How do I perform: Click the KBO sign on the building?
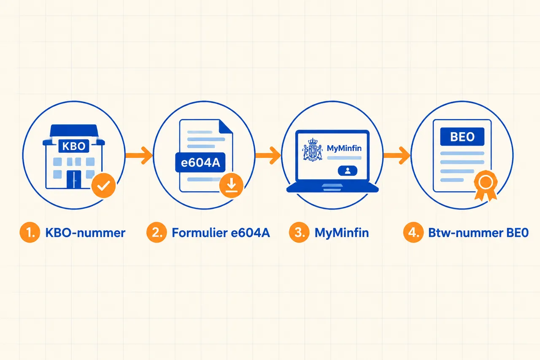tap(74, 146)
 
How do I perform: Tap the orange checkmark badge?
tap(104, 185)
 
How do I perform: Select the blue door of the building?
tap(74, 179)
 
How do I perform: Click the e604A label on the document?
tap(200, 162)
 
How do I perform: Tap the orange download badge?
tap(232, 185)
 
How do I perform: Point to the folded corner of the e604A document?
tap(226, 127)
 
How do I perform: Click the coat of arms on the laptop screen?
tap(313, 149)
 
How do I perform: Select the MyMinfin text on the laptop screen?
tap(344, 148)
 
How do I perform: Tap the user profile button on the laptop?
tap(348, 171)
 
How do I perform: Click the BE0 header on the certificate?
tap(462, 137)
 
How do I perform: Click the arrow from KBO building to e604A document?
tap(139, 155)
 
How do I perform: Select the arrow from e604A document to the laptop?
tap(268, 155)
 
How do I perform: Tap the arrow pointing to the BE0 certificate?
tap(397, 155)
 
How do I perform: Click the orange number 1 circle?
tap(30, 232)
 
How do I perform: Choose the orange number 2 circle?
tap(157, 232)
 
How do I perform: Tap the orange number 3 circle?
tap(299, 232)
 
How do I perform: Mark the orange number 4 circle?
tap(413, 232)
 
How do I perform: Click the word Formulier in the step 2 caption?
tap(200, 233)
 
